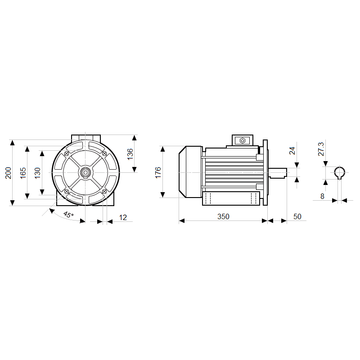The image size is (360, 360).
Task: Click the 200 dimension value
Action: tap(8, 173)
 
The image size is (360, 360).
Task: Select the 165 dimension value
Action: tap(23, 173)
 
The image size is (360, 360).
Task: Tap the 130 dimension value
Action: tap(37, 173)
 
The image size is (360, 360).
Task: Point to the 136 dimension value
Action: tap(130, 154)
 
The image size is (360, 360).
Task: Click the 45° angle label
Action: tap(68, 215)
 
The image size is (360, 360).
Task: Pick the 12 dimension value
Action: tap(123, 217)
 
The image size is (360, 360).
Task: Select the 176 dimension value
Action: tap(158, 173)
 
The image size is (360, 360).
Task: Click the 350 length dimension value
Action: tap(223, 216)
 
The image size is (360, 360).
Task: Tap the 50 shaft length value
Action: tap(297, 216)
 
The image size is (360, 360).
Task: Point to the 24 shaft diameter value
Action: tap(292, 151)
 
